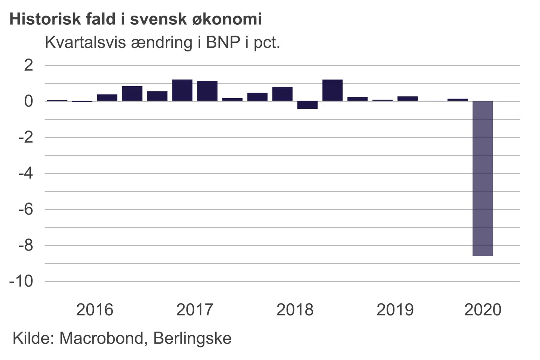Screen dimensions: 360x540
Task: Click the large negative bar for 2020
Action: click(x=483, y=178)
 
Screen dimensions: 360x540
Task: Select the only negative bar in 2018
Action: click(x=307, y=105)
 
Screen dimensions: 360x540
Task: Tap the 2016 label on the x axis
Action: click(x=94, y=310)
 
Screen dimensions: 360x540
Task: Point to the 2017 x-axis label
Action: click(x=195, y=310)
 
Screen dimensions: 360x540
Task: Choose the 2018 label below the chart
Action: click(x=295, y=310)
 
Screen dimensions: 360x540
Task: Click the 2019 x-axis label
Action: click(x=395, y=310)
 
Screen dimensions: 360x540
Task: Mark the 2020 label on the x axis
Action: click(x=483, y=310)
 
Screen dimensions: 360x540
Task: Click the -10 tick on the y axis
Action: click(x=21, y=281)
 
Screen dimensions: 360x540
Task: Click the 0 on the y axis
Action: click(x=28, y=101)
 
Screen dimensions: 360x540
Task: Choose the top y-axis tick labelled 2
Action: click(x=28, y=65)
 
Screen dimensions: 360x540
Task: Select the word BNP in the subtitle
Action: click(x=223, y=42)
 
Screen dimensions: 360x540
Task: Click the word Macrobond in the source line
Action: click(x=102, y=338)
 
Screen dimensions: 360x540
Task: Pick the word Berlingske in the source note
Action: click(x=192, y=338)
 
